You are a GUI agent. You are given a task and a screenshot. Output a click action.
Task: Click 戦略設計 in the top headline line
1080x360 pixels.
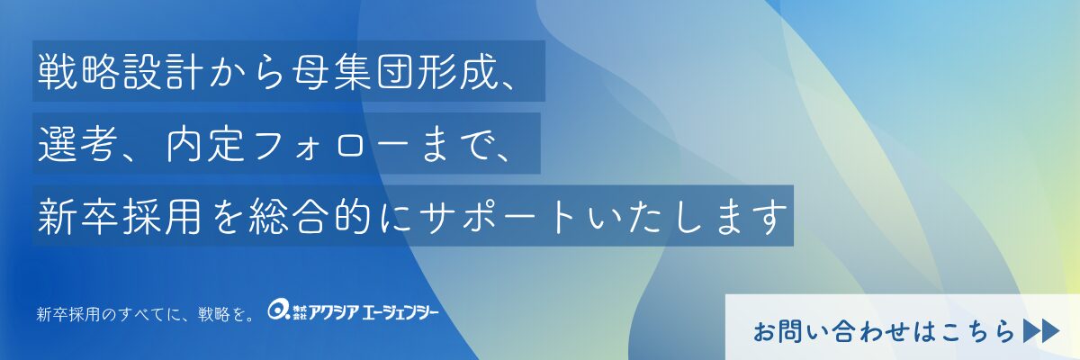(x=121, y=71)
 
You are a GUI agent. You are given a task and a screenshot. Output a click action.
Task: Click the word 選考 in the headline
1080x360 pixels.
(x=77, y=144)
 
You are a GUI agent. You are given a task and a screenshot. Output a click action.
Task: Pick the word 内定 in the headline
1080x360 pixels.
(x=205, y=144)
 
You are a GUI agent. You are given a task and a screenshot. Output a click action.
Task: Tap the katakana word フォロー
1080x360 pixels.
(x=332, y=145)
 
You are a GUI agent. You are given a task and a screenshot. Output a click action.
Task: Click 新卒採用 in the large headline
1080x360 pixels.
(x=119, y=216)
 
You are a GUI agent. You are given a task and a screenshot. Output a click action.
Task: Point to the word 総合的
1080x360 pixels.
(x=310, y=216)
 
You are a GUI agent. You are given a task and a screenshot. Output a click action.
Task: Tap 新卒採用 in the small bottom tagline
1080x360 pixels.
(x=68, y=315)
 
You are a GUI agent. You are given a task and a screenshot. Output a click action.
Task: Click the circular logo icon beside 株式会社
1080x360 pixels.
(x=278, y=310)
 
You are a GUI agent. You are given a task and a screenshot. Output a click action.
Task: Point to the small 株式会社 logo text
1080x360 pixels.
(x=300, y=313)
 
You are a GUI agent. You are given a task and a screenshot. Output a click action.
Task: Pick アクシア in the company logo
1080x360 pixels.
(x=334, y=313)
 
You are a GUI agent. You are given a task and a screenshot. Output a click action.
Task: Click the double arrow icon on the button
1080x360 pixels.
(x=1041, y=331)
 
